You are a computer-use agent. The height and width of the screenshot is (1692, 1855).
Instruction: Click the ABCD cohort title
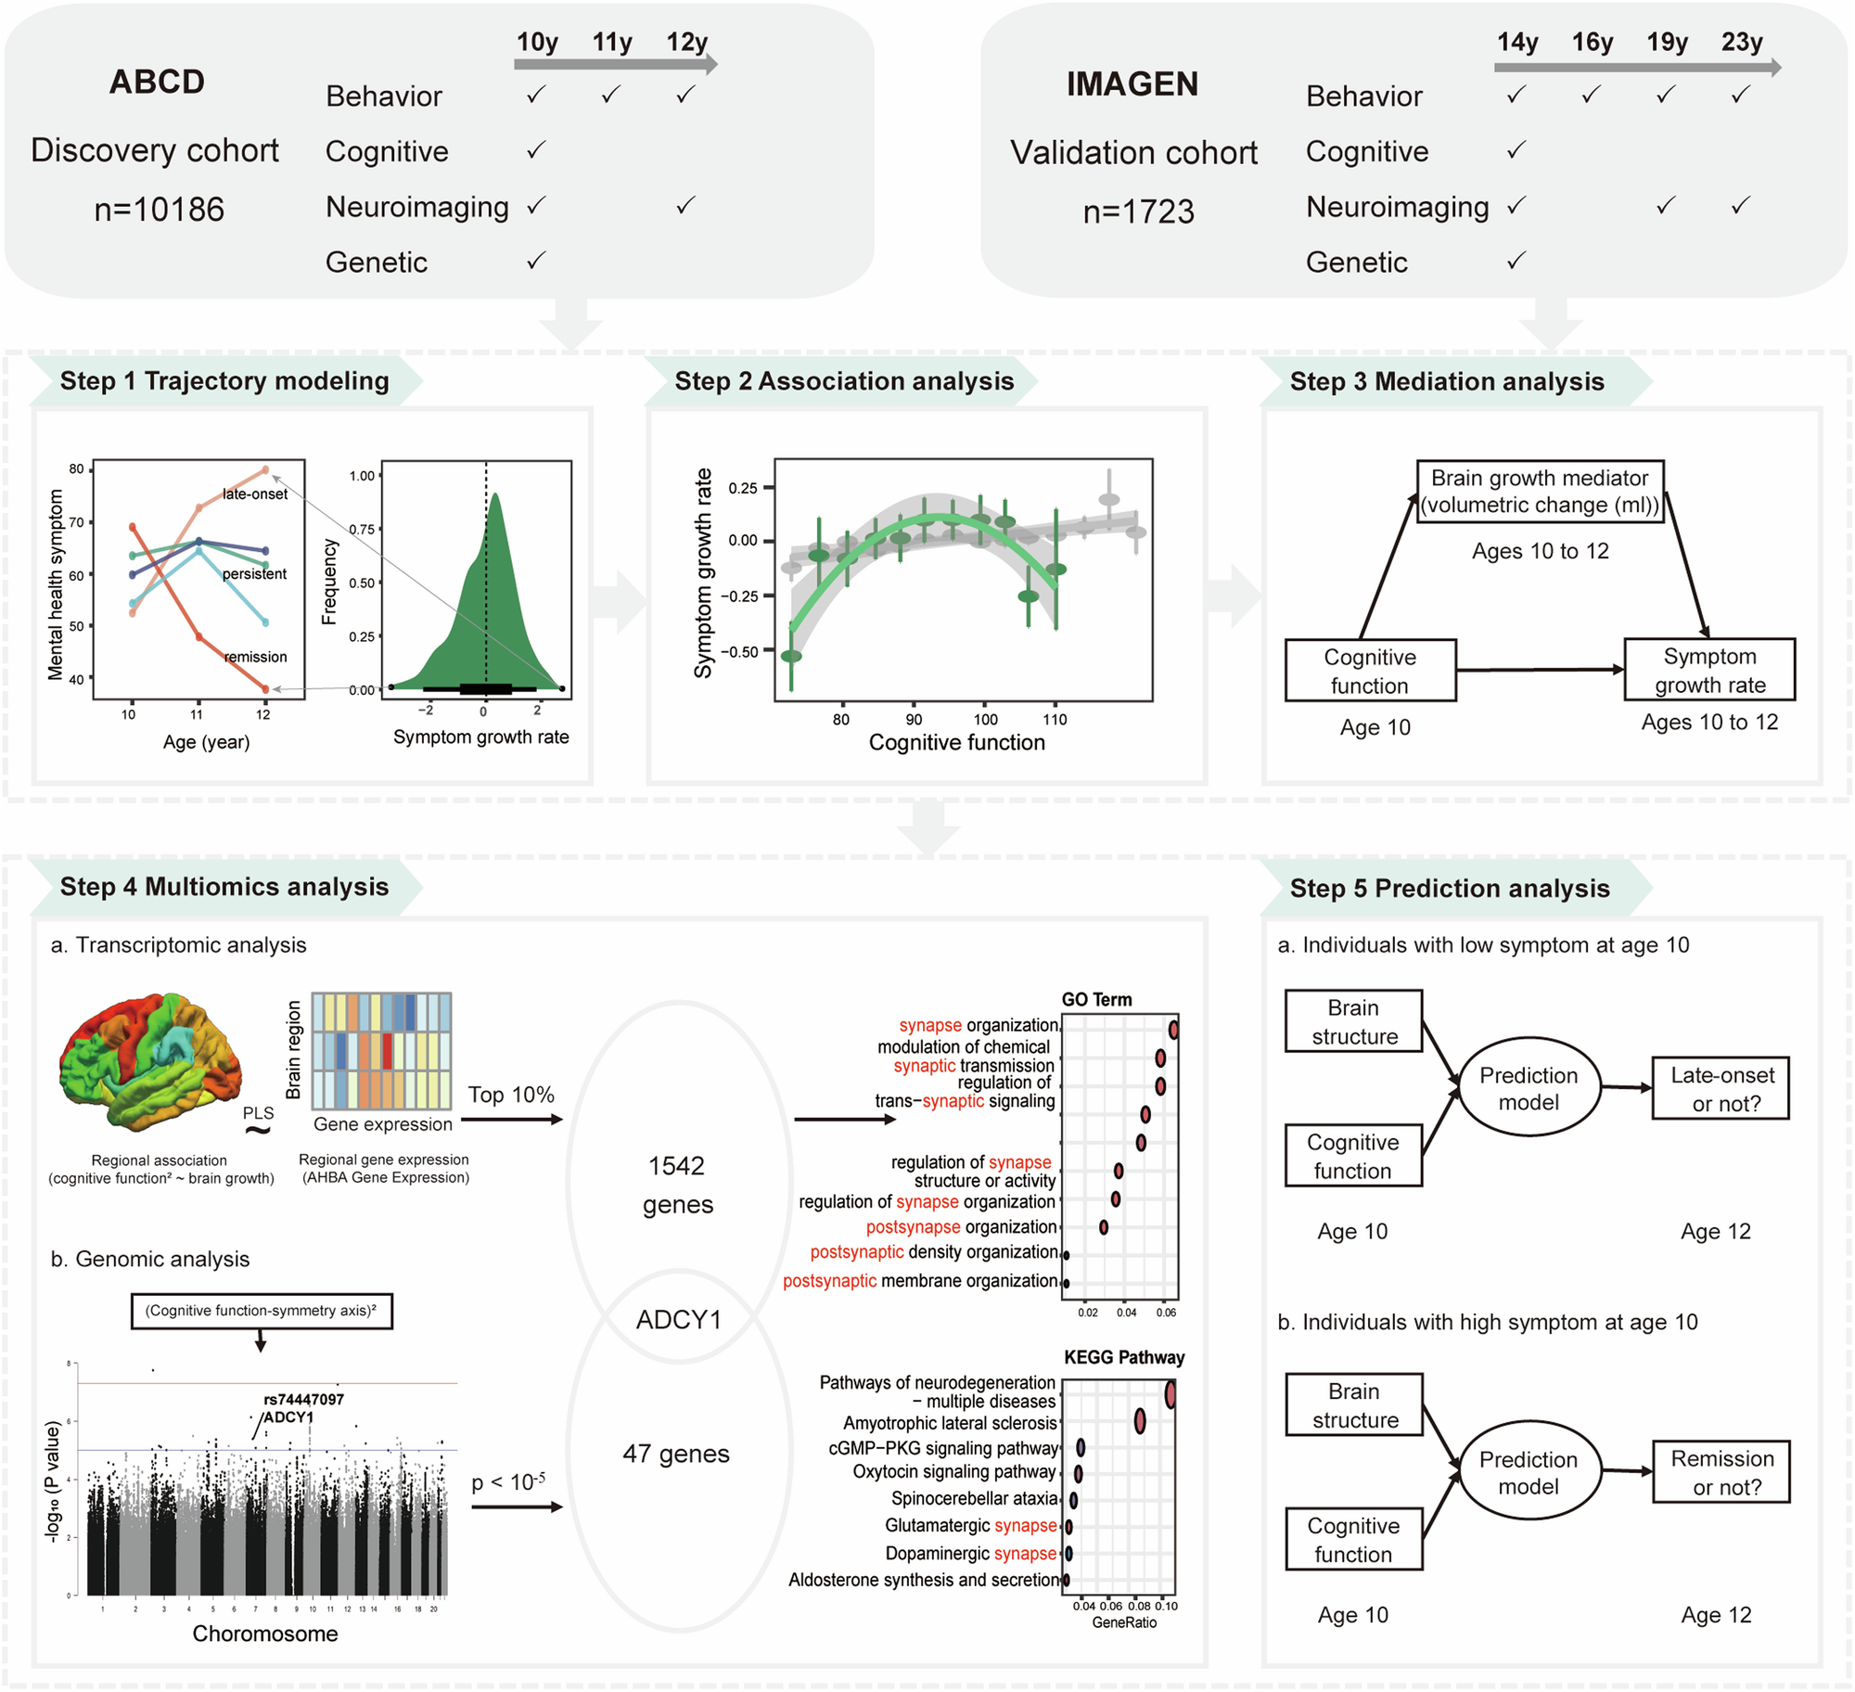pos(157,82)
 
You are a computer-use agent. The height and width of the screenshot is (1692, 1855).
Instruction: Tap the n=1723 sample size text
pos(1139,211)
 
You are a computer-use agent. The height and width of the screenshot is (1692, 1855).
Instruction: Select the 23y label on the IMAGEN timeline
pos(1742,42)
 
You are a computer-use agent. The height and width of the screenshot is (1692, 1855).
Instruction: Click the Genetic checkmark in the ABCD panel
pos(536,261)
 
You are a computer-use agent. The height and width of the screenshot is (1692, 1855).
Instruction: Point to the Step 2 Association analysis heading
pos(844,381)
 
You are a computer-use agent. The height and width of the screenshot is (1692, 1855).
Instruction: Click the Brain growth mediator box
pos(1540,492)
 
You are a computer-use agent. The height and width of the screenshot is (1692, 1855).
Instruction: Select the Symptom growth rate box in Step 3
pos(1709,670)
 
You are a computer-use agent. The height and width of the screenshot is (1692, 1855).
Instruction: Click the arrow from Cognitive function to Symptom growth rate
pos(1540,669)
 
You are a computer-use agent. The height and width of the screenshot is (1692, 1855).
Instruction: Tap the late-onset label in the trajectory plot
pos(255,494)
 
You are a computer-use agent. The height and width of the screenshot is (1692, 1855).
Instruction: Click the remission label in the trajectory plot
pos(256,657)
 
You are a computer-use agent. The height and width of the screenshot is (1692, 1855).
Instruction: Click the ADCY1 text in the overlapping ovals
pos(679,1319)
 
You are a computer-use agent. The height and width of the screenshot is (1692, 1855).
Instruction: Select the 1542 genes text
pos(678,1185)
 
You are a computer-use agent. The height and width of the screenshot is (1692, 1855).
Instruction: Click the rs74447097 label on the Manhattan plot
pos(303,1399)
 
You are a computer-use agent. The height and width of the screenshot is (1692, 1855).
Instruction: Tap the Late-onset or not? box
pos(1721,1089)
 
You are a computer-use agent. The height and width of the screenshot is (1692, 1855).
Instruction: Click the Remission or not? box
pos(1721,1472)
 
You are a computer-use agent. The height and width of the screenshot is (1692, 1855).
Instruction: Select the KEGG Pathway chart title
pos(1124,1357)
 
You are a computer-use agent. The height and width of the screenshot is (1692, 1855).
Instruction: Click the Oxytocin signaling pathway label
pos(954,1472)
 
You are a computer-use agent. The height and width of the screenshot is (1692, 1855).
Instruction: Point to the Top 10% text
pos(511,1095)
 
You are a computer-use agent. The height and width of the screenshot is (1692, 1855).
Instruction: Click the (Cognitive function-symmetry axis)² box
pos(262,1311)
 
